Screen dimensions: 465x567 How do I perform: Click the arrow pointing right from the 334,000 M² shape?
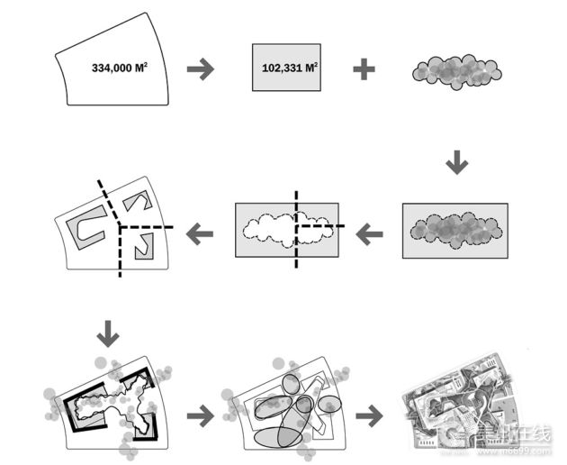[x=200, y=69]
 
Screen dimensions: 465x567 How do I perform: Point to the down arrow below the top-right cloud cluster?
[x=457, y=162]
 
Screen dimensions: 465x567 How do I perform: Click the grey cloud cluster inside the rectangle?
[x=454, y=231]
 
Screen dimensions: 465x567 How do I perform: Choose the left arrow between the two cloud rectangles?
[x=369, y=235]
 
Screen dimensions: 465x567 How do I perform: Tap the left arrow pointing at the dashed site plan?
[x=199, y=234]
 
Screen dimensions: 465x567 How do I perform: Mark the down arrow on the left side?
[x=107, y=335]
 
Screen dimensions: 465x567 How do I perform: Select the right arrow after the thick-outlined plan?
[x=200, y=416]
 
